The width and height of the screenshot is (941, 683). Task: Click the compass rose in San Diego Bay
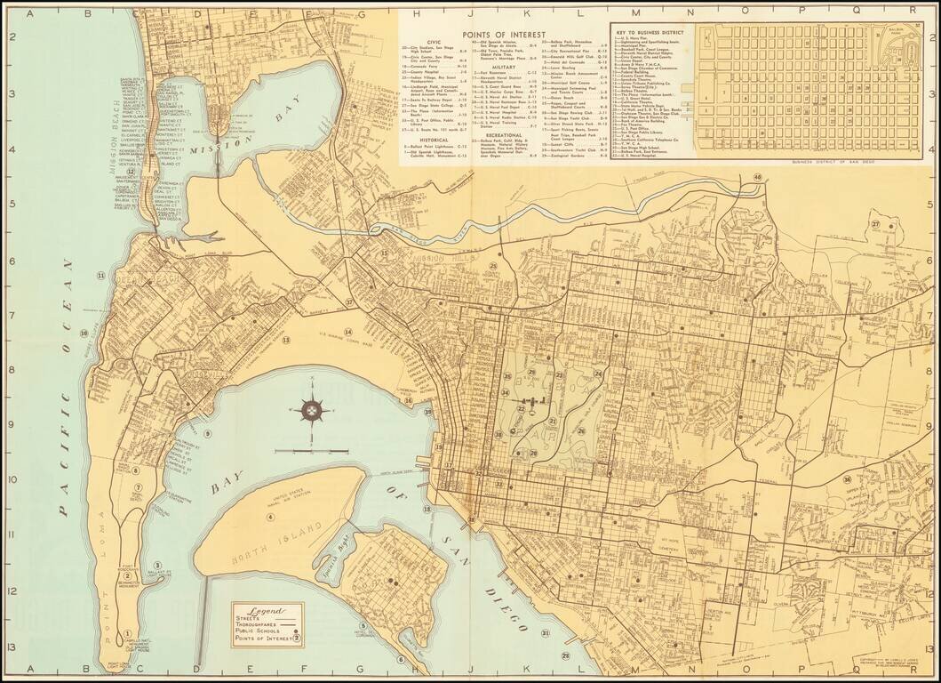[x=313, y=410]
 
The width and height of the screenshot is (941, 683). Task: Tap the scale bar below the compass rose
[x=311, y=452]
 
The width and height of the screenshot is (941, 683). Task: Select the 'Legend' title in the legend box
[x=267, y=611]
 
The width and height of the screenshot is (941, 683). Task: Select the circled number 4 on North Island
[x=271, y=517]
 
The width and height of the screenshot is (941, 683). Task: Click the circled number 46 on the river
[x=757, y=177]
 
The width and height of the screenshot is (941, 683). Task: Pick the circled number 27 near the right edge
[x=875, y=224]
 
